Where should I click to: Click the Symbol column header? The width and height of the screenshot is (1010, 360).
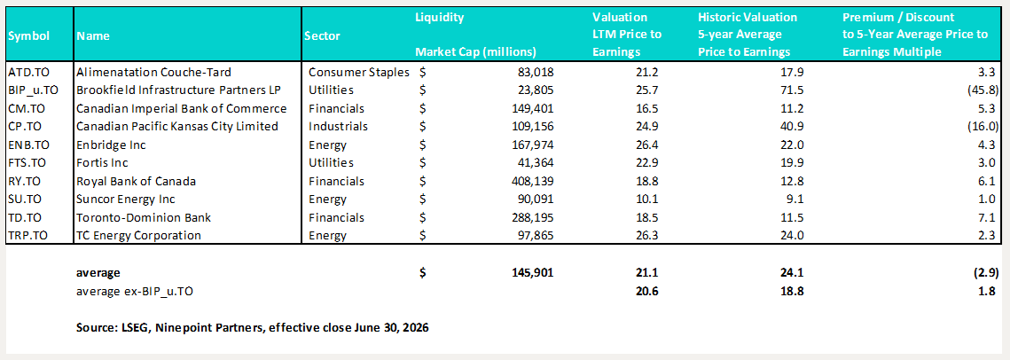(29, 36)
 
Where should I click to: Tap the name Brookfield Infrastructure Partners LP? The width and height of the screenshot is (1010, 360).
(176, 90)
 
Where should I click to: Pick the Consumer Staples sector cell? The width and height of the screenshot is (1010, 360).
(359, 72)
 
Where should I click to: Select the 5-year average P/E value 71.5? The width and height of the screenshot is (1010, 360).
(792, 90)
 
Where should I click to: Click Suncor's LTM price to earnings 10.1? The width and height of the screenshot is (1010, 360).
(633, 199)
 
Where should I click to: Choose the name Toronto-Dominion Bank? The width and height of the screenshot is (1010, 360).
(143, 217)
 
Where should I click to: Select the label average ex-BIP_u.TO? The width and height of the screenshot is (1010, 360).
(136, 291)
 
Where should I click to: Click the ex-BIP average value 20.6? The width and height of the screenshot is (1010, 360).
(633, 291)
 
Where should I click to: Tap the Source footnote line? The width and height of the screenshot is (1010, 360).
(253, 328)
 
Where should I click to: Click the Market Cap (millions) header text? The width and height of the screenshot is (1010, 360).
(476, 51)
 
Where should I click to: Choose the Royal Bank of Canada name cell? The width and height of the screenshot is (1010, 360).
(136, 181)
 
